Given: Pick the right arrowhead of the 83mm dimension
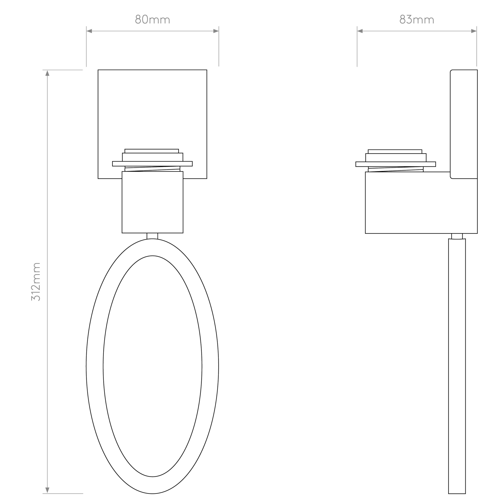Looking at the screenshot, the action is [x=474, y=31].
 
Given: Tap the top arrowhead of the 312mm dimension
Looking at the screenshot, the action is [x=47, y=73].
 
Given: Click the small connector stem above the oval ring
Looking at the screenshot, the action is [x=152, y=236].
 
